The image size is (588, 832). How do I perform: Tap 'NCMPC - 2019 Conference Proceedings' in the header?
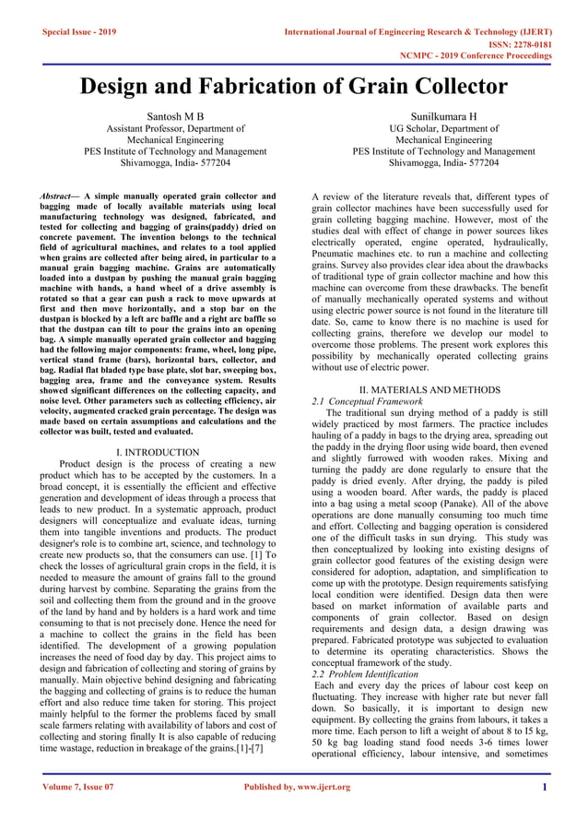(475, 56)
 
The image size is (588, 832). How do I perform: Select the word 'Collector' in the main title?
(450, 87)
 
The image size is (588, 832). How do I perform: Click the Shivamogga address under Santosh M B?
(161, 161)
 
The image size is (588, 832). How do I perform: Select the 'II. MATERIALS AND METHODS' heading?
(430, 391)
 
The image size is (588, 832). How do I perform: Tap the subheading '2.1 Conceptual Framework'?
(367, 402)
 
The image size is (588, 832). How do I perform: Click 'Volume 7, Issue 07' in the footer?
(78, 787)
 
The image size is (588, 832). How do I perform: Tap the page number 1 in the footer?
(545, 787)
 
